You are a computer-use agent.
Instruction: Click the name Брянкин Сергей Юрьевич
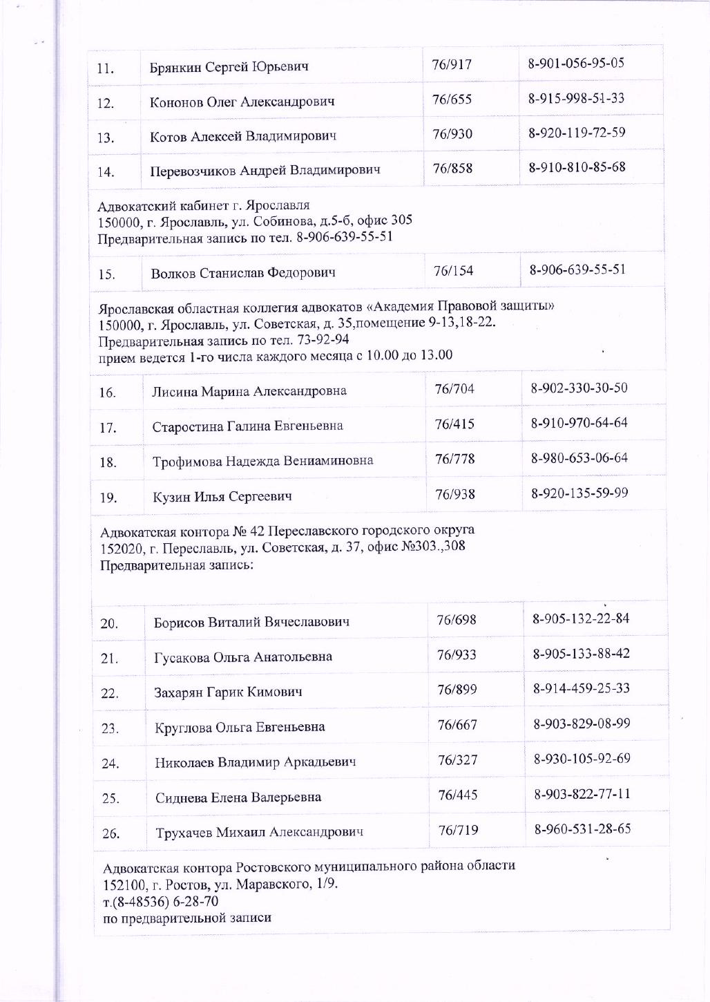coord(229,67)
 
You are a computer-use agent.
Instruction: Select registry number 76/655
coord(452,100)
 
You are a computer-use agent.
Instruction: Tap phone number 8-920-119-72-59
coord(577,133)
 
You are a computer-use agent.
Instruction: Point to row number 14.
coord(106,172)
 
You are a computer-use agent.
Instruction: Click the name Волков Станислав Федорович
coord(243,273)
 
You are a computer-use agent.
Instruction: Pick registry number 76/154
coord(453,271)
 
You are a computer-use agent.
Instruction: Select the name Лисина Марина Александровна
coord(249,391)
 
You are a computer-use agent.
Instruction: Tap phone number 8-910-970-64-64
coord(579,423)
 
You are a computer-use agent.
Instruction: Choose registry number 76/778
coord(454,459)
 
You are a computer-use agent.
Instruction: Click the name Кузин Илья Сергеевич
coord(222,496)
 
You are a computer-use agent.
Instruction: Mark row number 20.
coord(109,624)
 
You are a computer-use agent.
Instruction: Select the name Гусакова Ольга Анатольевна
coord(242,656)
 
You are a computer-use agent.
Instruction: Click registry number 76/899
coord(457,690)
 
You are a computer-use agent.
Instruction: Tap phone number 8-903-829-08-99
coord(582,724)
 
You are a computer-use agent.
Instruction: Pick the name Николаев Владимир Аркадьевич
coord(256,762)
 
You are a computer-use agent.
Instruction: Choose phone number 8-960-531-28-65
coord(582,829)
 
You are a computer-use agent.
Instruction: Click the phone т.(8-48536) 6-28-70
coord(161,902)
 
